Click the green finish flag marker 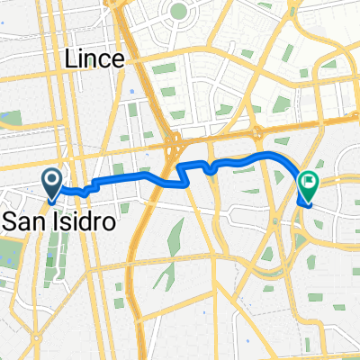(x=308, y=186)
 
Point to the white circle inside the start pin (x=52, y=180)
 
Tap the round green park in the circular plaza (x=176, y=13)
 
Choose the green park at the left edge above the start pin (x=11, y=118)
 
